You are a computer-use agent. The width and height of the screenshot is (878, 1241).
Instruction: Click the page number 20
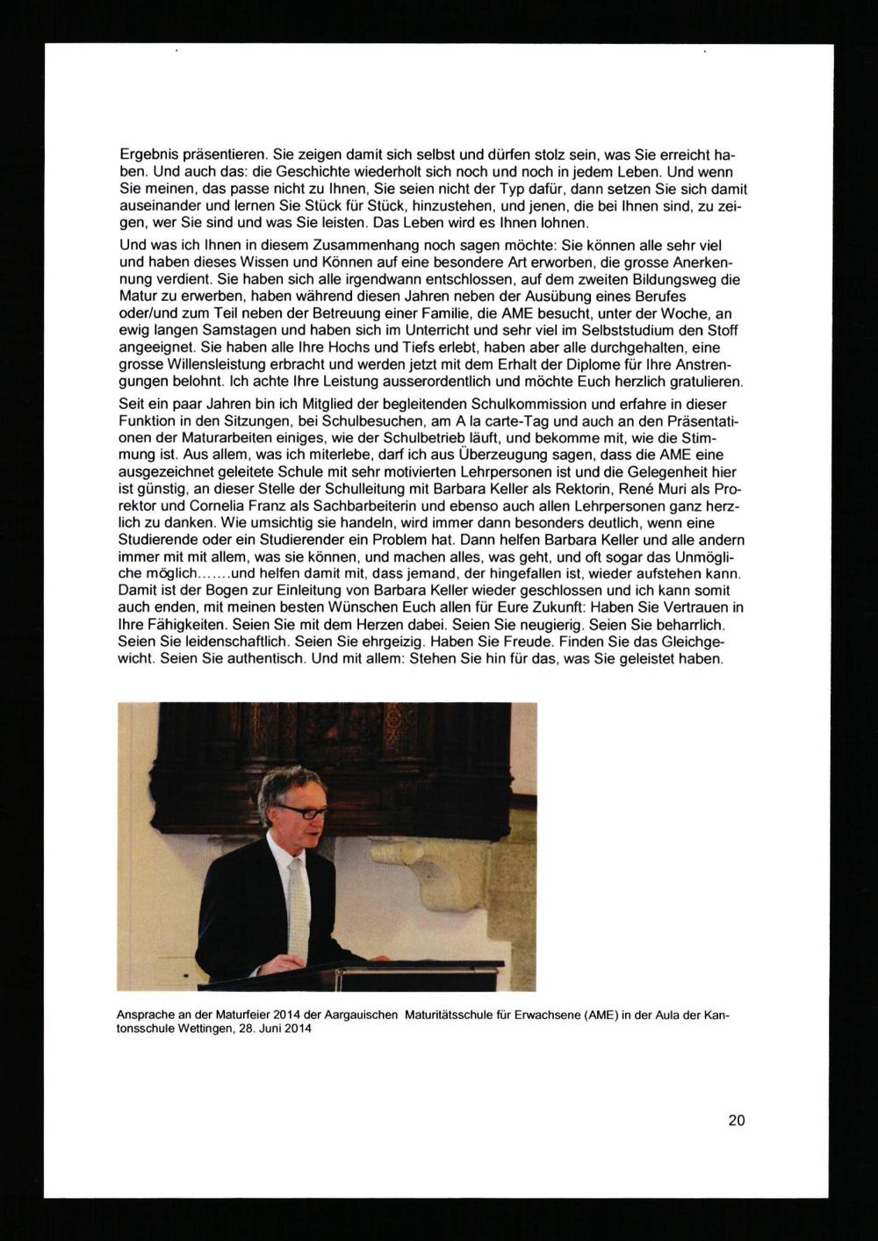736,1120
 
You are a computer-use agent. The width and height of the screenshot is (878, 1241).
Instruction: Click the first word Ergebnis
149,154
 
